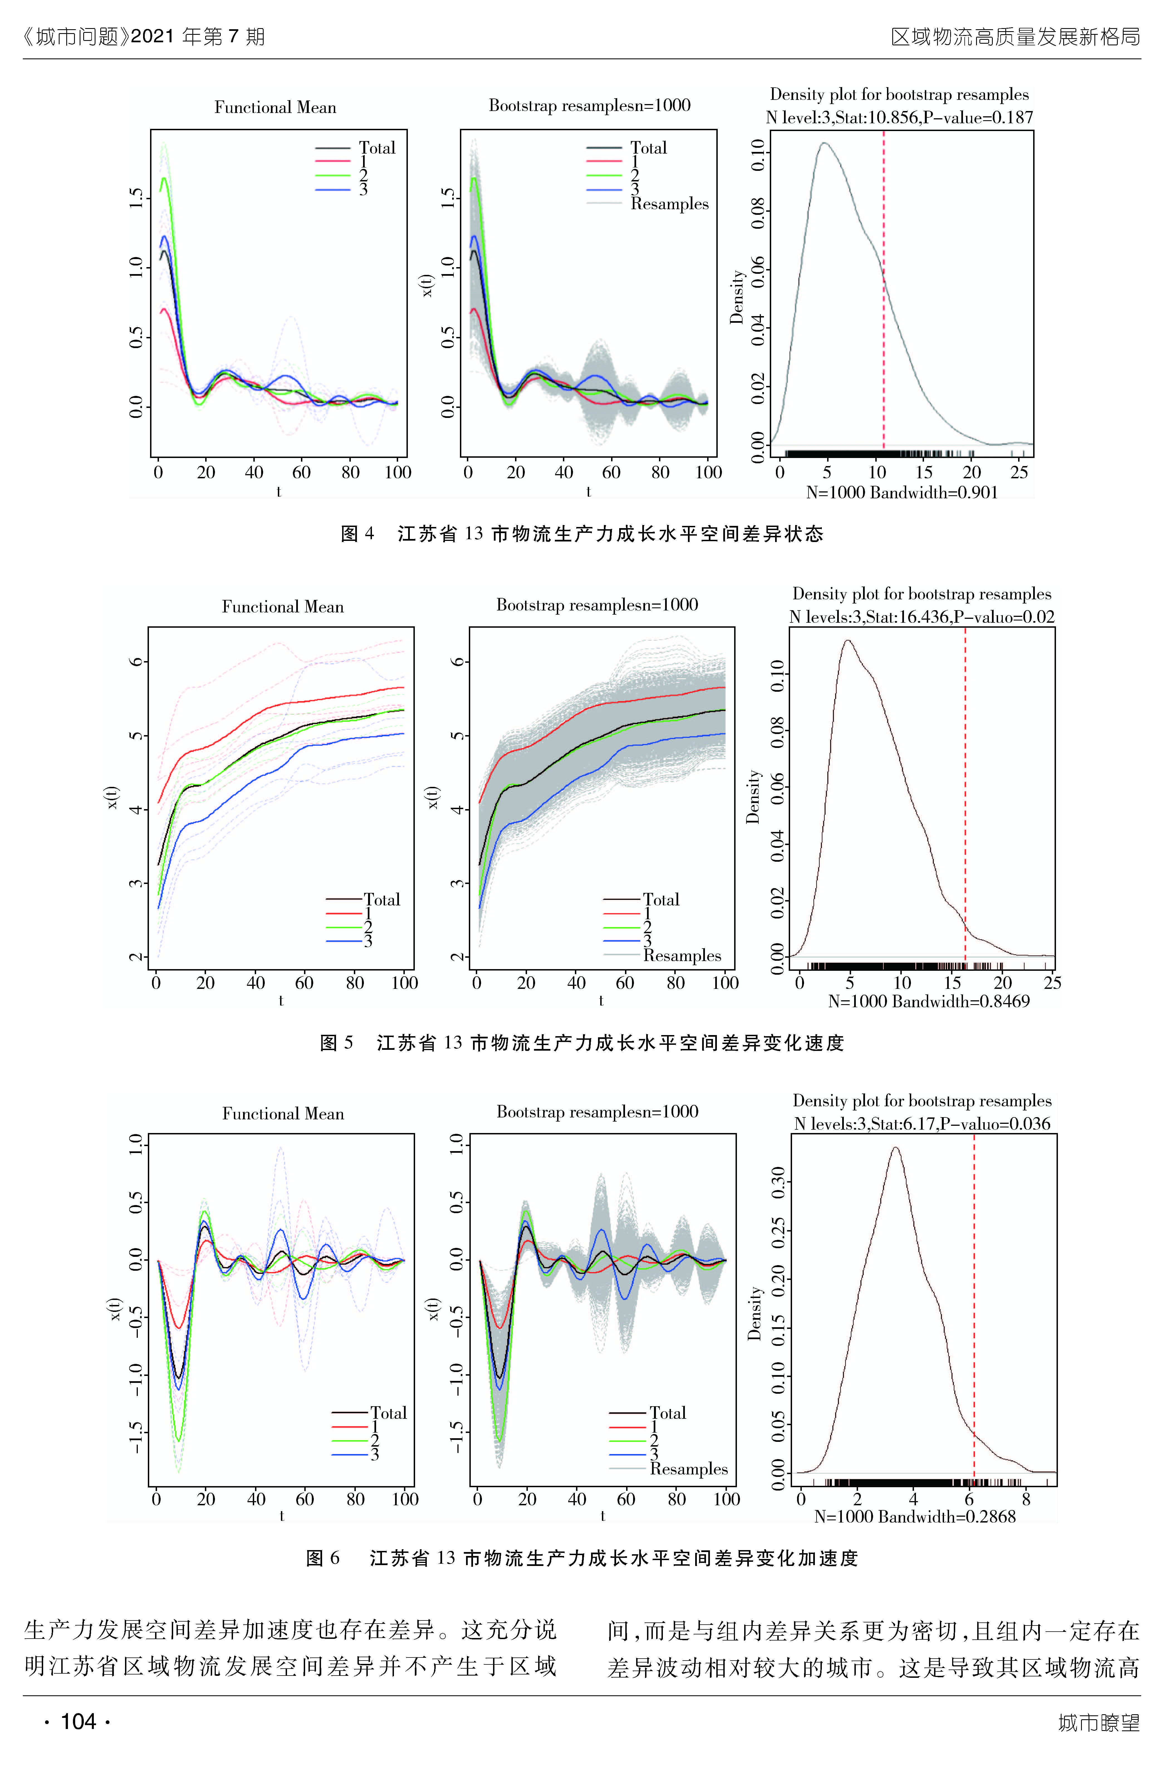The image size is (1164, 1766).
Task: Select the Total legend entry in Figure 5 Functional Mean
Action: click(382, 900)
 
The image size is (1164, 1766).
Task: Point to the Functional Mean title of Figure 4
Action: click(275, 108)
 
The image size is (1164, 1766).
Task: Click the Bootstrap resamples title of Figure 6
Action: click(597, 1112)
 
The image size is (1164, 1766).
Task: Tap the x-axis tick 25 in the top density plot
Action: click(1019, 472)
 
